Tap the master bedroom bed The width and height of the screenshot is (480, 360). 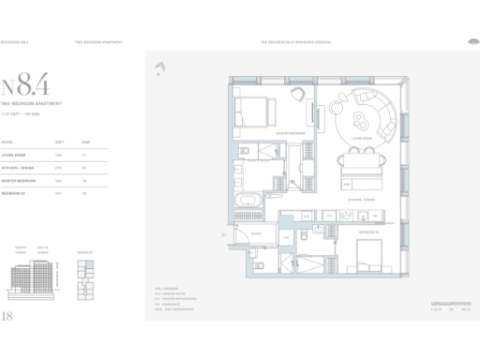(254, 115)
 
